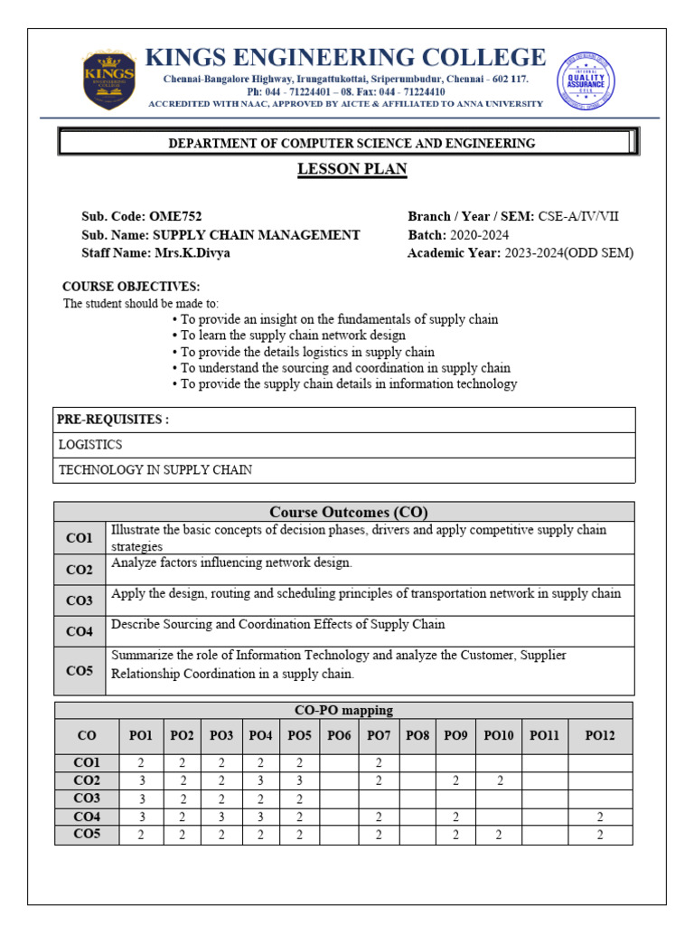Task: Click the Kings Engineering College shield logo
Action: coord(108,79)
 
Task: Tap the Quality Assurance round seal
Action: coord(586,79)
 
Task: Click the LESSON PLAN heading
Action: coord(352,169)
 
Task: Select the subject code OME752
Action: coord(172,216)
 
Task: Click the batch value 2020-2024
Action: coord(479,234)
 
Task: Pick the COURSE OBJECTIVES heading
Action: coord(131,287)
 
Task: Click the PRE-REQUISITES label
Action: coord(113,420)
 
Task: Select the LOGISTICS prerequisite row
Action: coord(90,445)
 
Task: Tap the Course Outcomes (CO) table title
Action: coord(348,512)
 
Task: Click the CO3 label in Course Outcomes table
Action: coord(80,600)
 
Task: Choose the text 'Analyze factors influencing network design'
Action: coord(231,562)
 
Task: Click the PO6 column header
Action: coord(339,736)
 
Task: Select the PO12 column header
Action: coord(599,736)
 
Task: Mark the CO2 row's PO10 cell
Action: coord(499,780)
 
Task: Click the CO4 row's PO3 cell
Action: coord(221,817)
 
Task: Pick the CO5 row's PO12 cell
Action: coord(599,835)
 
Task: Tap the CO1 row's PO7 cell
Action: coord(379,762)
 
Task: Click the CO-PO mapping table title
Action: coord(343,710)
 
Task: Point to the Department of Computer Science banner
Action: coord(348,143)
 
